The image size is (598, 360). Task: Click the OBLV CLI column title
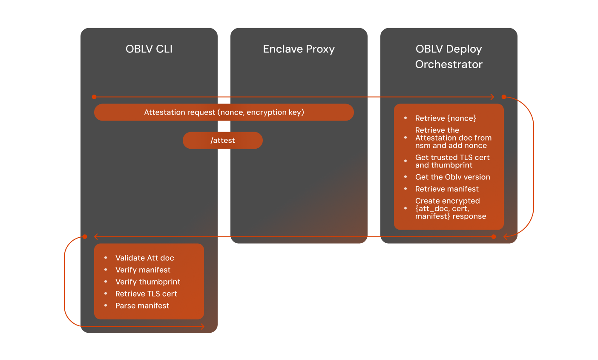tap(149, 49)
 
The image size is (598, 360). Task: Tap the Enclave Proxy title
tap(299, 49)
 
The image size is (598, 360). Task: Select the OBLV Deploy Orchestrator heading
tap(449, 57)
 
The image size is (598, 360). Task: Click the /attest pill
tap(223, 140)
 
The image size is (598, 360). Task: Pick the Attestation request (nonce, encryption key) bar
tap(224, 112)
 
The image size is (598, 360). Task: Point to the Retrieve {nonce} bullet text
tap(446, 118)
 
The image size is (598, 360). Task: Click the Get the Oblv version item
tap(452, 177)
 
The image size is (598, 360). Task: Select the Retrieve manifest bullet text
tap(447, 189)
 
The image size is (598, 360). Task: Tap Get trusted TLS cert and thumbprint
tap(452, 161)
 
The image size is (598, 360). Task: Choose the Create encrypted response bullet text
tap(451, 208)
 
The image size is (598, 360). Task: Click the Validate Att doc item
tap(144, 258)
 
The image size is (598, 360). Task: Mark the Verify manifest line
tap(143, 270)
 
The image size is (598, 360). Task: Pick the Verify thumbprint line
tap(148, 282)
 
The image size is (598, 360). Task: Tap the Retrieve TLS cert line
tap(146, 294)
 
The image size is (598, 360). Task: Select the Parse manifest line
tap(142, 305)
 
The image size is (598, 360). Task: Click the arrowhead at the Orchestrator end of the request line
tap(492, 97)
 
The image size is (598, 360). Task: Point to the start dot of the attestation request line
tap(94, 97)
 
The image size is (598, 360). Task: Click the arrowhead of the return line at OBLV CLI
tap(96, 236)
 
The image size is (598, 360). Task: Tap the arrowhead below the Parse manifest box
tap(203, 326)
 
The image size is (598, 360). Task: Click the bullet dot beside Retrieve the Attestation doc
tap(405, 138)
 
